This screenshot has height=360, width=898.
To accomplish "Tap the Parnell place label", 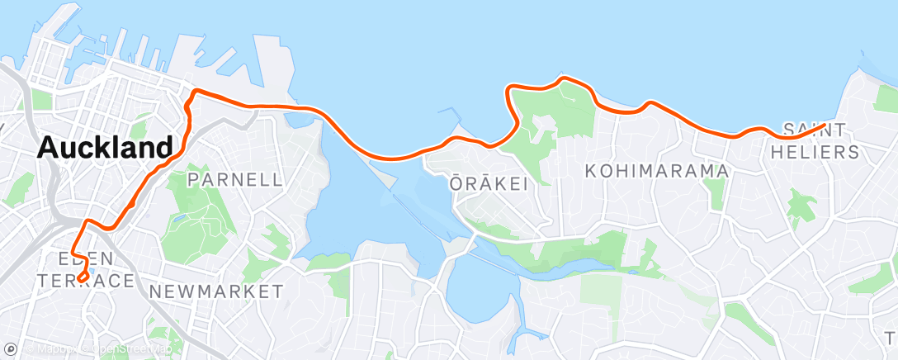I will (x=235, y=179).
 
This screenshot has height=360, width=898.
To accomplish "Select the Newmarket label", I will (x=216, y=291).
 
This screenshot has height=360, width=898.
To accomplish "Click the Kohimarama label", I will (x=657, y=171).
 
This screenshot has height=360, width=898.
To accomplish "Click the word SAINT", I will (x=814, y=130).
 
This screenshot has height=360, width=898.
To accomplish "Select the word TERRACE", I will (x=86, y=282).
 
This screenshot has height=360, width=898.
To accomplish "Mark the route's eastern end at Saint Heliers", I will (x=824, y=125).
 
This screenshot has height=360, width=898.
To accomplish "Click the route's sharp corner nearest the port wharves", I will (x=196, y=90).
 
